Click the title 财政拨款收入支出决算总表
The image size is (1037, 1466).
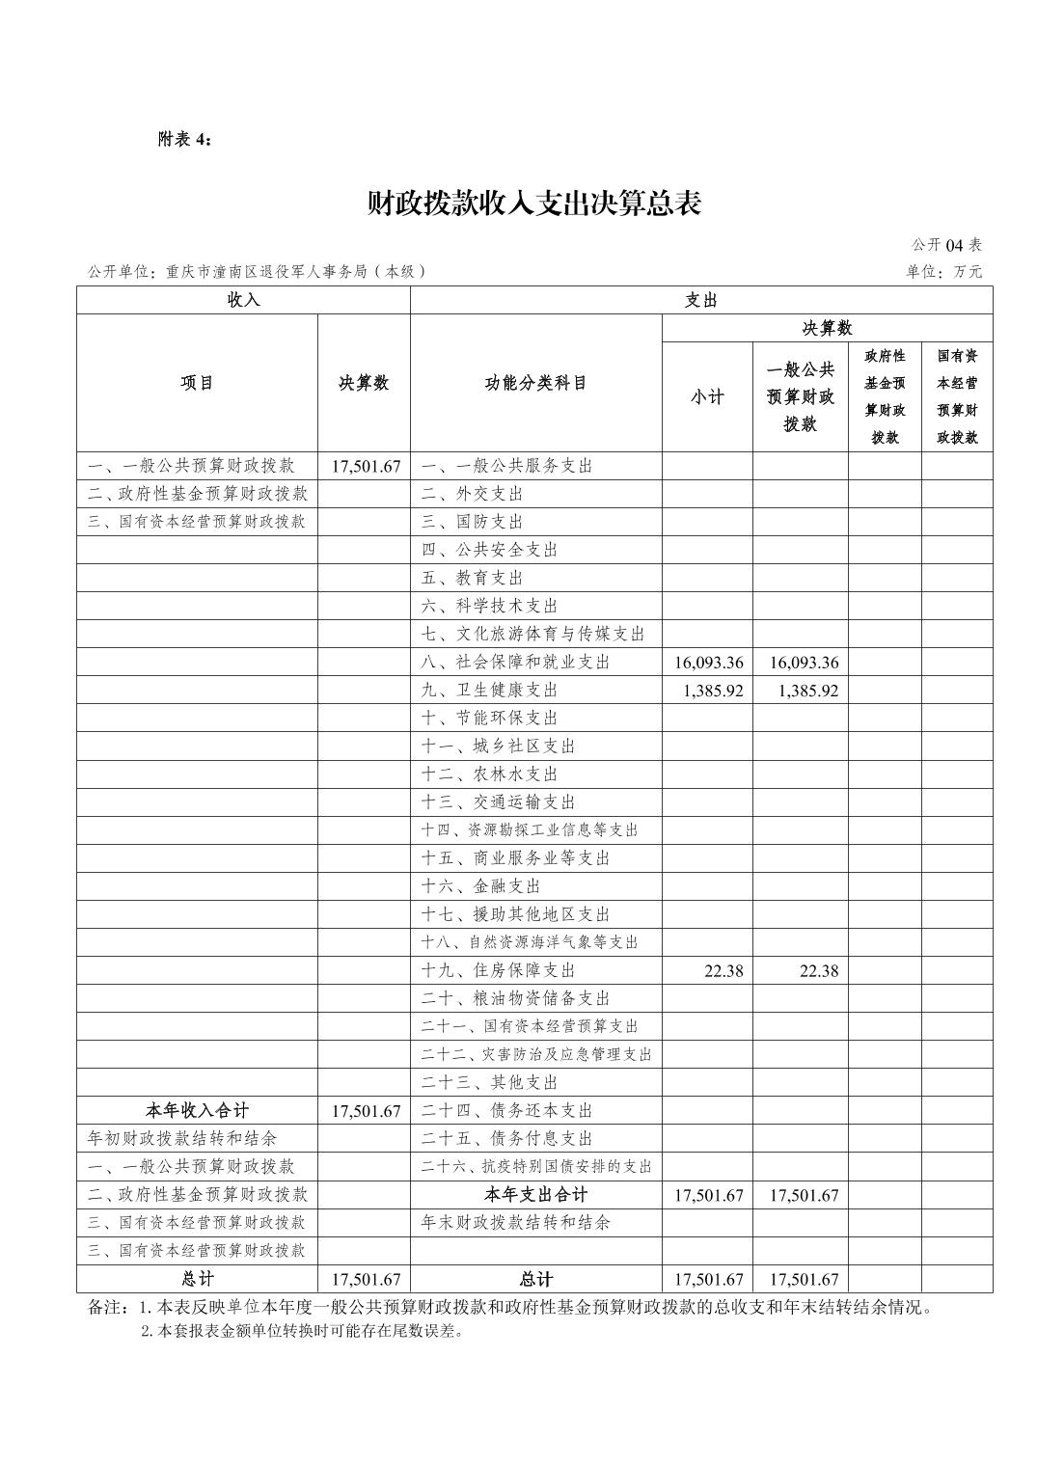(533, 204)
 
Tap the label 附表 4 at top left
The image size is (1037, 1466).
(184, 139)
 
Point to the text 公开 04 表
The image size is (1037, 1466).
(946, 245)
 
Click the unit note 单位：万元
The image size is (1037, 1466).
(943, 272)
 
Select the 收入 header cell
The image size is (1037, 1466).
(243, 300)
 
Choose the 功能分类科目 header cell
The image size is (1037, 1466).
(535, 383)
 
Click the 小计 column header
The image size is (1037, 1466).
(706, 396)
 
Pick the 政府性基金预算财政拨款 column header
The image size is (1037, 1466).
(885, 396)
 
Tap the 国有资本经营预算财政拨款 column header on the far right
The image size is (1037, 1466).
(957, 396)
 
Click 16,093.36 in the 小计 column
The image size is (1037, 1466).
(708, 663)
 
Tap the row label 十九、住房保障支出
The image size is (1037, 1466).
(499, 970)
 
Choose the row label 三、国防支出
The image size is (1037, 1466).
(473, 522)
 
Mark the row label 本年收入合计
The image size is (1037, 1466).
(197, 1111)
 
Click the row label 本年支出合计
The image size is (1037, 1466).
(535, 1195)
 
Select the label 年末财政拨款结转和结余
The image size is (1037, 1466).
(516, 1223)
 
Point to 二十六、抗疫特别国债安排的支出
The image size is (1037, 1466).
(536, 1167)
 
